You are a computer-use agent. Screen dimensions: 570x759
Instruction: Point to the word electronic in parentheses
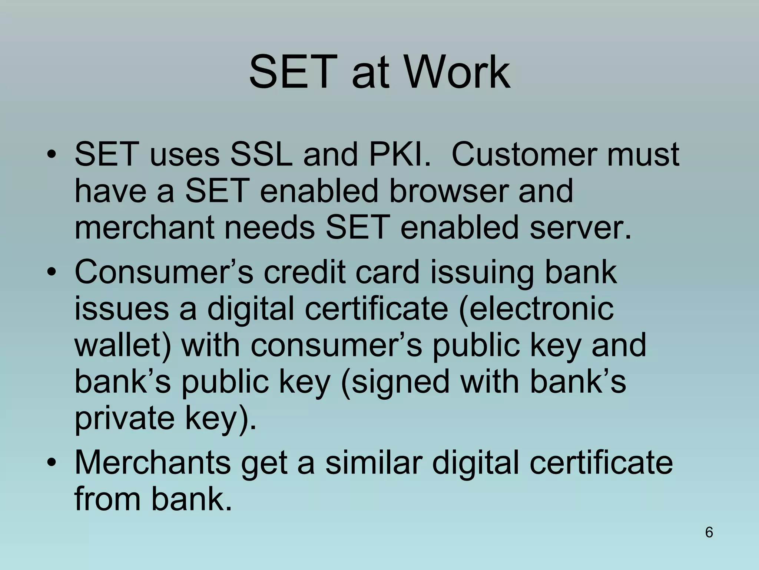(536, 308)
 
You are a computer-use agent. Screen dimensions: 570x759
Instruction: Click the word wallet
(123, 345)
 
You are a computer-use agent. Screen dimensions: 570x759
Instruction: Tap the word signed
(395, 382)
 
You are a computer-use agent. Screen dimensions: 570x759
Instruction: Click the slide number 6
(709, 532)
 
